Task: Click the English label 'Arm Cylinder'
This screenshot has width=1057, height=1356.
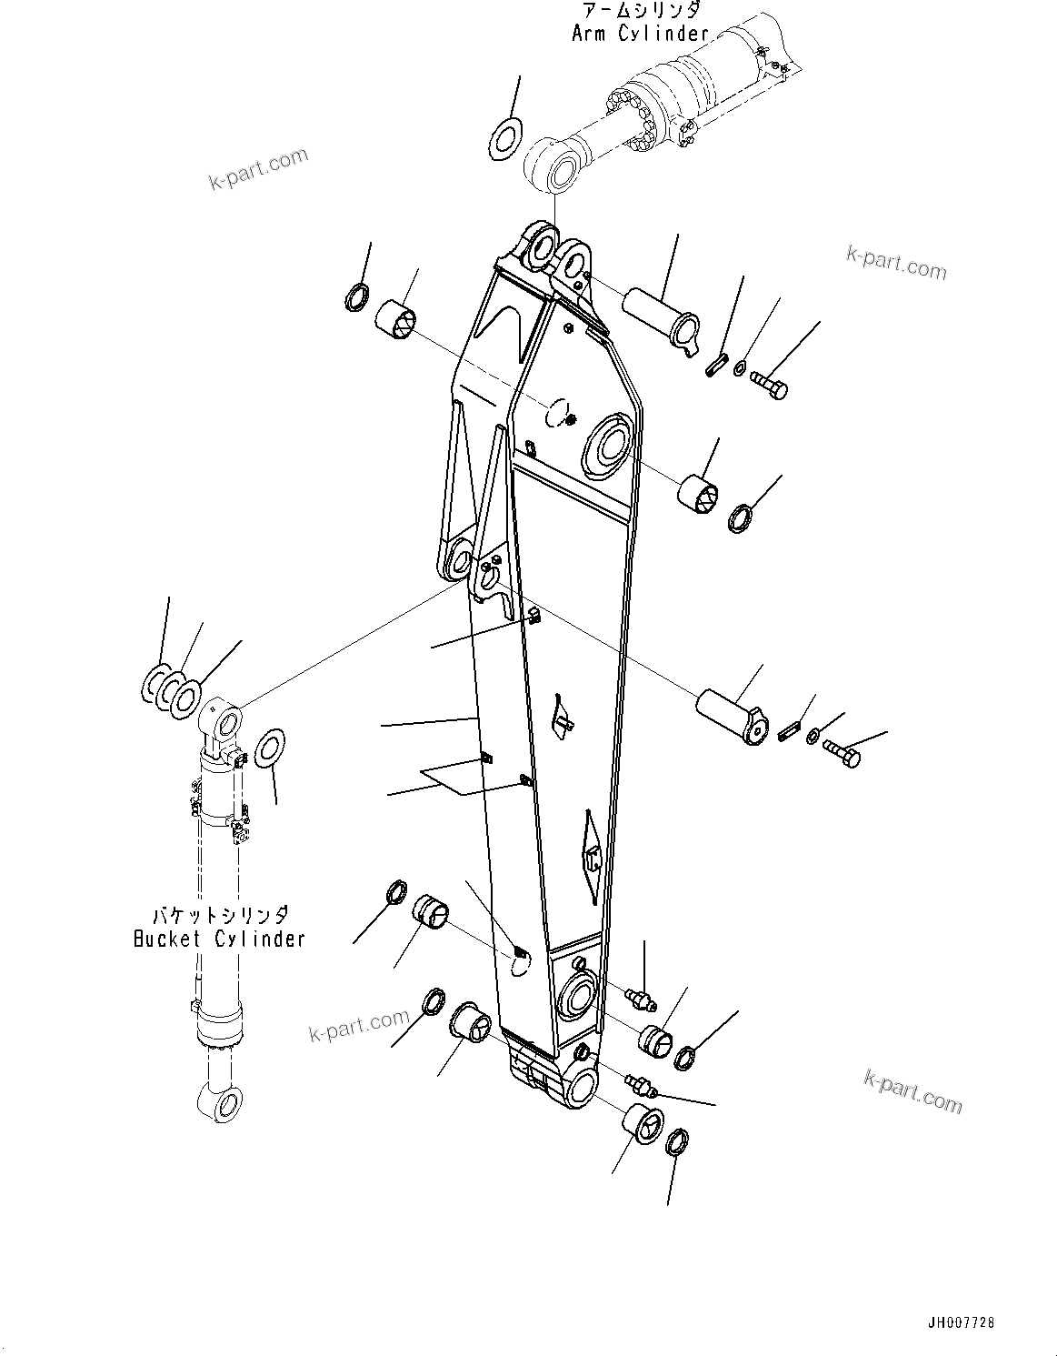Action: [x=639, y=34]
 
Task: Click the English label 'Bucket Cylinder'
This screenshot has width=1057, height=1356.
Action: [x=218, y=939]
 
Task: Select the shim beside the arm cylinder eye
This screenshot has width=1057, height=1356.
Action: [x=504, y=138]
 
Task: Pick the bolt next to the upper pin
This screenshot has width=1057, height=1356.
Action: [x=769, y=387]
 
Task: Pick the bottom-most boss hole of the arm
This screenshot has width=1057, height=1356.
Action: [x=582, y=1087]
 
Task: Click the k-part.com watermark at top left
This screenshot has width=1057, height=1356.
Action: [x=258, y=169]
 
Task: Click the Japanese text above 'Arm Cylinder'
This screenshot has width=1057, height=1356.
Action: [x=640, y=10]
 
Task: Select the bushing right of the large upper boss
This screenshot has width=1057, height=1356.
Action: [x=700, y=489]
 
